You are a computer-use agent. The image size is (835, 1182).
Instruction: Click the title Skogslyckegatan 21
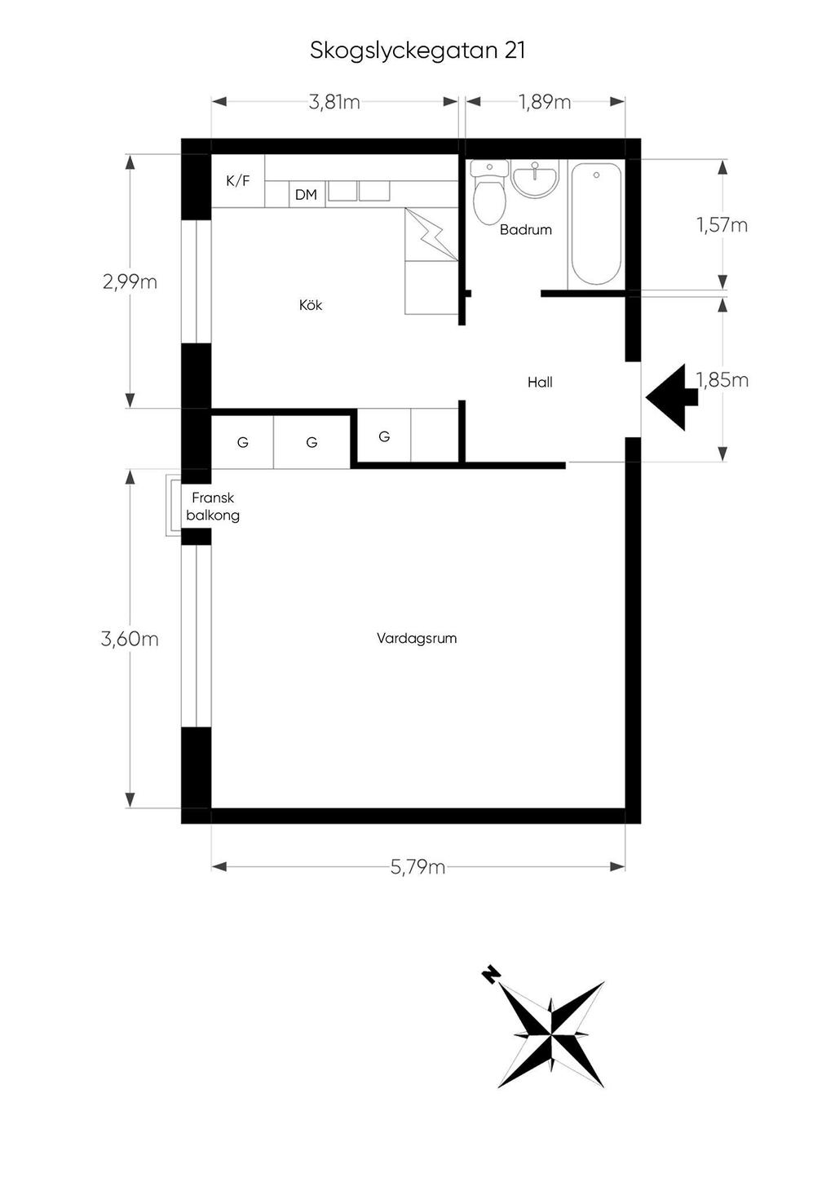[x=417, y=51]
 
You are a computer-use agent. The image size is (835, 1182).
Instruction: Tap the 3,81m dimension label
[x=334, y=102]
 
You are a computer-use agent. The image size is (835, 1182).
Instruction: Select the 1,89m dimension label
[x=545, y=102]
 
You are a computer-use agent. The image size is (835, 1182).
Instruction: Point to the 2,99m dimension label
[x=130, y=282]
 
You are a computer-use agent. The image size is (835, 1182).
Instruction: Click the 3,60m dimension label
[x=130, y=639]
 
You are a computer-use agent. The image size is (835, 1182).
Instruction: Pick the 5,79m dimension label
[x=417, y=867]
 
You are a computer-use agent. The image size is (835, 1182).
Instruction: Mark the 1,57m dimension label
[x=722, y=225]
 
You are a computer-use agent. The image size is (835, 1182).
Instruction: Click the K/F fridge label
[x=238, y=181]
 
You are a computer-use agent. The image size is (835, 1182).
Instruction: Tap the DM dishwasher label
[x=306, y=195]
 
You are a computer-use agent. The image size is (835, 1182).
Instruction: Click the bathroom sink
[x=535, y=179]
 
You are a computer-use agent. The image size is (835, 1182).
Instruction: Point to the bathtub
[x=596, y=224]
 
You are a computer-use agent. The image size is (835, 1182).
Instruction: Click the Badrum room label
[x=526, y=229]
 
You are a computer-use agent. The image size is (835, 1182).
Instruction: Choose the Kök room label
[x=311, y=305]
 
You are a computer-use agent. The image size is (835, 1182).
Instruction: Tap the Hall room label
[x=540, y=382]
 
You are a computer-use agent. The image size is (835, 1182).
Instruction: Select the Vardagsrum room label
[x=417, y=639]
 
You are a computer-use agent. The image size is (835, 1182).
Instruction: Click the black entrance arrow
[x=671, y=397]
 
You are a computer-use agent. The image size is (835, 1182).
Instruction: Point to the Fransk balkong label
[x=213, y=507]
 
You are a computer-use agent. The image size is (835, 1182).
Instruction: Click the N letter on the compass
[x=491, y=975]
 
